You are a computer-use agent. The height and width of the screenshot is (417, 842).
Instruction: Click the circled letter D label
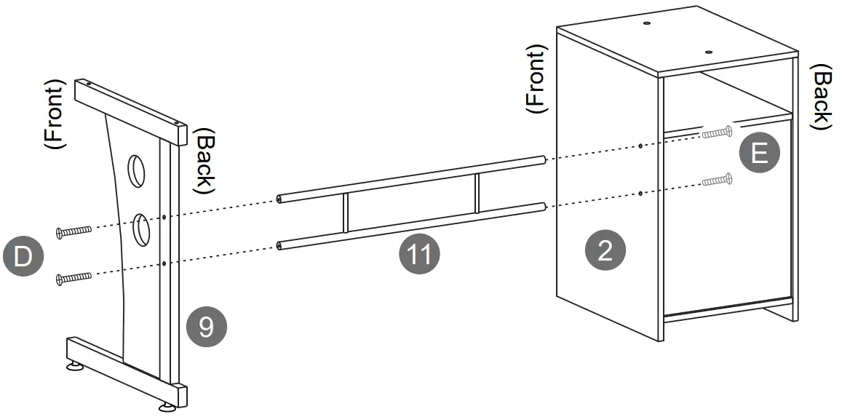pyautogui.click(x=23, y=257)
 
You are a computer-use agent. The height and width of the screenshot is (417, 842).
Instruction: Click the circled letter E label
pyautogui.click(x=758, y=154)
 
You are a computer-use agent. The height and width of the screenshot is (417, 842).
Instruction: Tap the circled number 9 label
pyautogui.click(x=206, y=327)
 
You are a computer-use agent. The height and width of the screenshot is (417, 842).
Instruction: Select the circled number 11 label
pyautogui.click(x=420, y=255)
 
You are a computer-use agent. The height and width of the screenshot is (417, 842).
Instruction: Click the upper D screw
pyautogui.click(x=74, y=231)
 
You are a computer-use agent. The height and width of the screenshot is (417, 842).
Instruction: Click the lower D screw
pyautogui.click(x=74, y=277)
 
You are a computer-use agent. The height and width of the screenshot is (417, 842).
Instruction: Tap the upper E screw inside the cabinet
pyautogui.click(x=717, y=133)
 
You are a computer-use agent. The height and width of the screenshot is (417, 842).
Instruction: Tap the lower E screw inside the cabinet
pyautogui.click(x=717, y=178)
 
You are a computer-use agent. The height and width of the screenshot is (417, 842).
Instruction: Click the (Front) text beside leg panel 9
pyautogui.click(x=56, y=114)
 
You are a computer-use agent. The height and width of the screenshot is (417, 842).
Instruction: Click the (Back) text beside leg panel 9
pyautogui.click(x=204, y=162)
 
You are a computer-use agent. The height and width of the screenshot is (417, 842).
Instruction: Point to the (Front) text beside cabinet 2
pyautogui.click(x=535, y=79)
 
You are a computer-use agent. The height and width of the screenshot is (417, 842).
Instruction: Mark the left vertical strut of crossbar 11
pyautogui.click(x=346, y=213)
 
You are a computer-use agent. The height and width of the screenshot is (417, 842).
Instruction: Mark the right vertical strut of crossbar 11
pyautogui.click(x=477, y=193)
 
